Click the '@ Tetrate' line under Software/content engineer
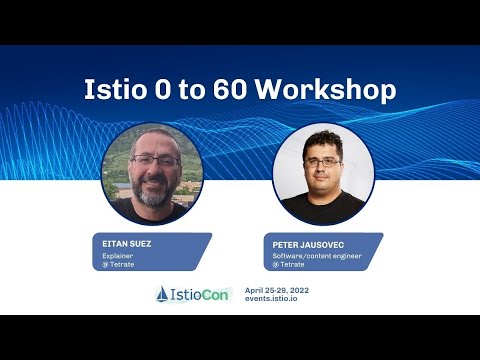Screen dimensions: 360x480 click(290, 265)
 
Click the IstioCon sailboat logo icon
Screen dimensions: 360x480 click(164, 294)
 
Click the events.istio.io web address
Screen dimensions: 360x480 click(272, 298)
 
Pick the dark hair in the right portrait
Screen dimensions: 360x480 click(322, 139)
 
